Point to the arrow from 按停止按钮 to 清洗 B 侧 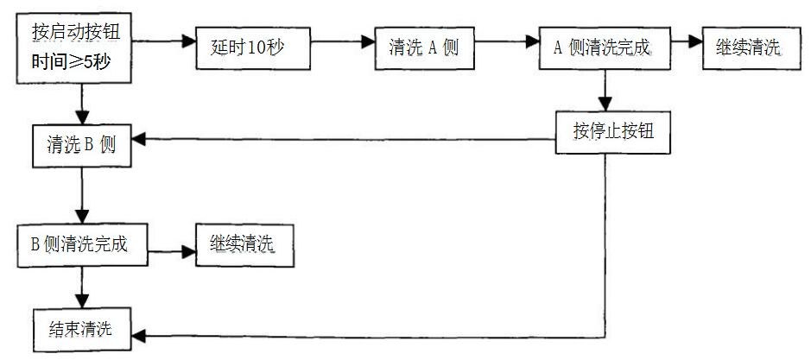tap(345, 138)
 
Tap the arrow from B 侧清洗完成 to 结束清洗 tap(83, 287)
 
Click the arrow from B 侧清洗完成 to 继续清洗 tap(173, 252)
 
